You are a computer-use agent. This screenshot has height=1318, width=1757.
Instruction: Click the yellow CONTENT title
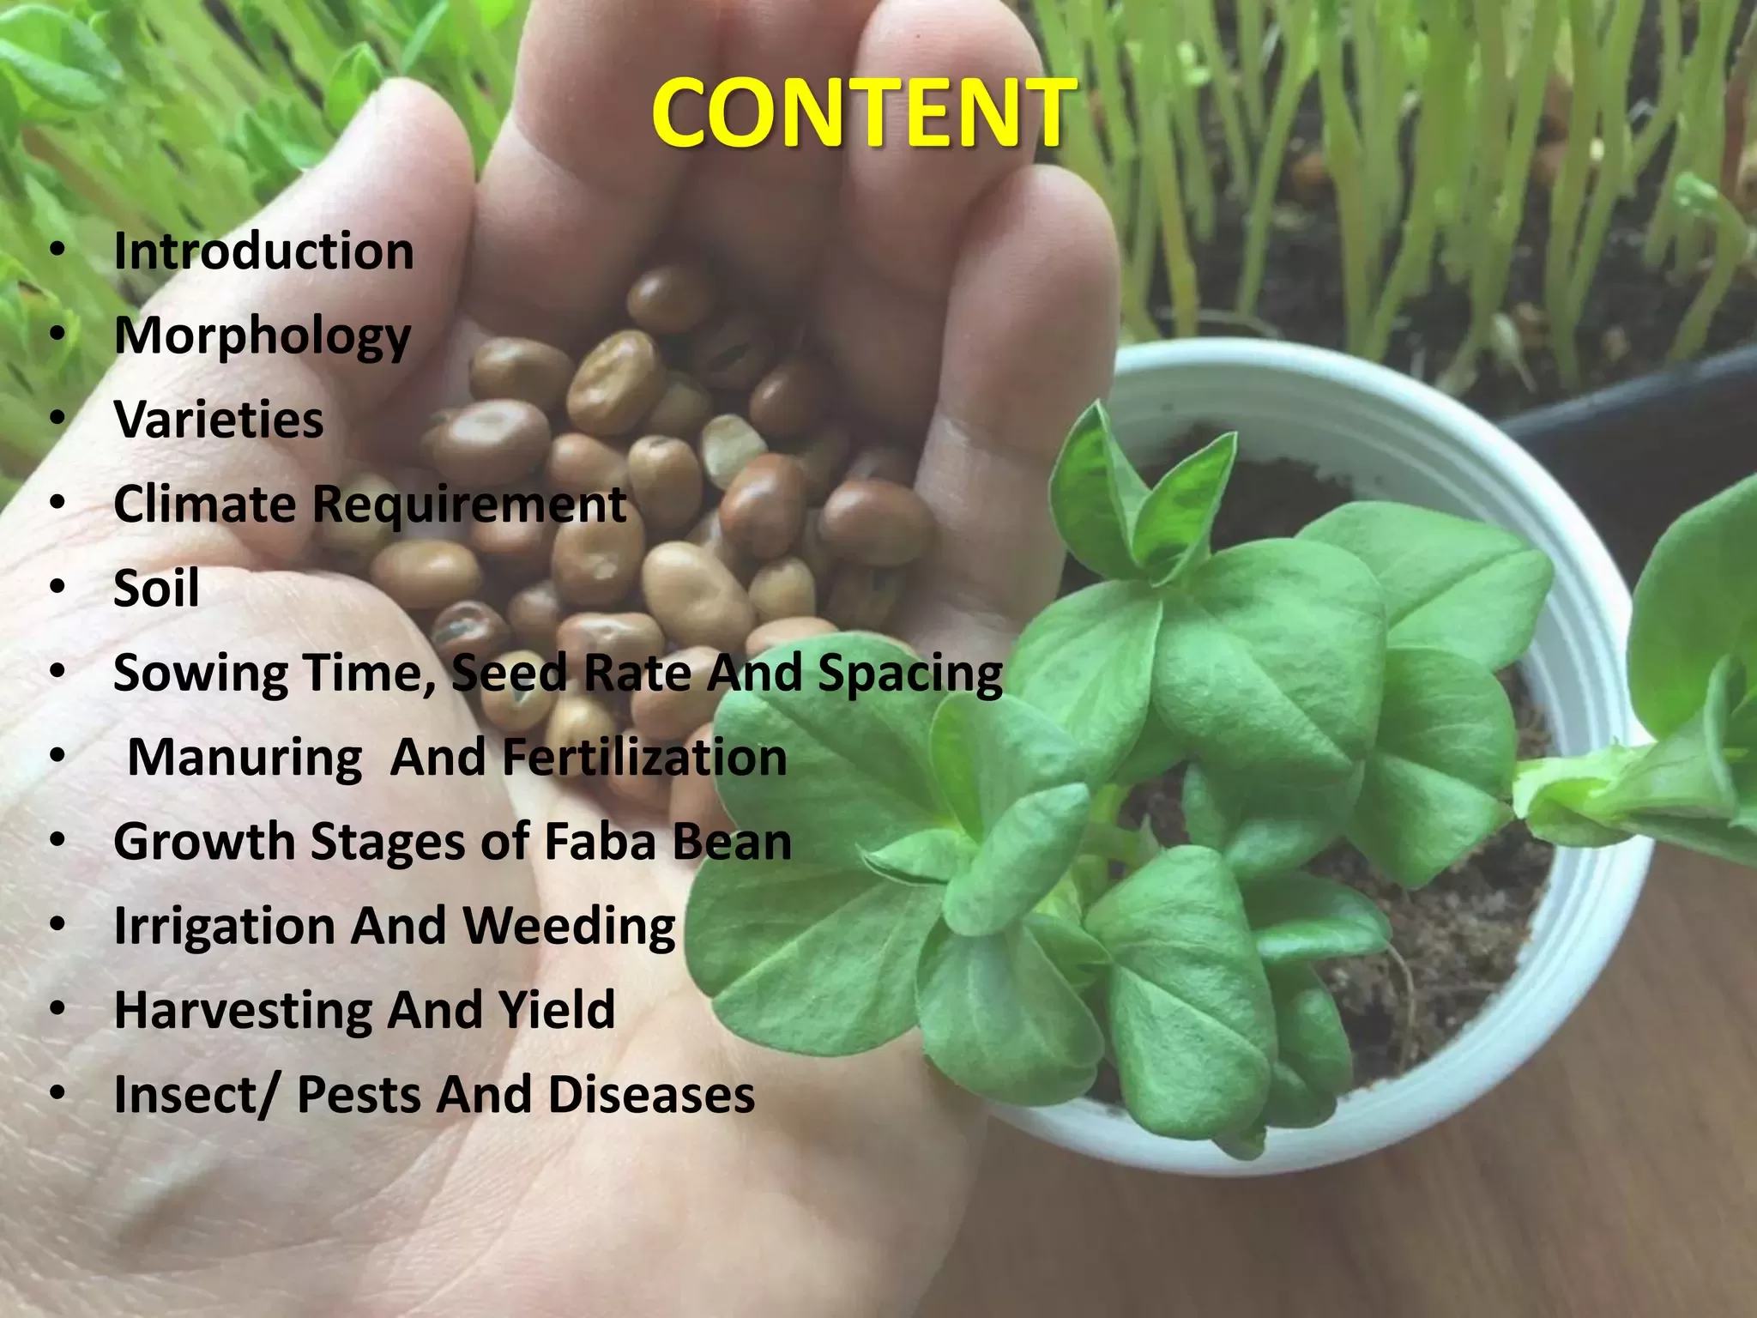click(860, 112)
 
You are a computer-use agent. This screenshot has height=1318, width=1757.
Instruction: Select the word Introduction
click(264, 251)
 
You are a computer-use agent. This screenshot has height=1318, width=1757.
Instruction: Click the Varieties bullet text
click(219, 420)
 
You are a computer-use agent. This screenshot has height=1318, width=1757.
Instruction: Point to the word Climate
click(205, 504)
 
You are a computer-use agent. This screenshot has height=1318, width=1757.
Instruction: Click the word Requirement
click(469, 505)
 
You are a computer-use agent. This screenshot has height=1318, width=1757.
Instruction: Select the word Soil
click(156, 588)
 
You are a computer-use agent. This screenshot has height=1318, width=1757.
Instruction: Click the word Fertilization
click(644, 757)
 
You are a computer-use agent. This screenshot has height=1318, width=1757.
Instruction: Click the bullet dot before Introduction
click(57, 250)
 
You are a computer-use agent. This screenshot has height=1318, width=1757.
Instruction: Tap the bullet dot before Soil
click(57, 587)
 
